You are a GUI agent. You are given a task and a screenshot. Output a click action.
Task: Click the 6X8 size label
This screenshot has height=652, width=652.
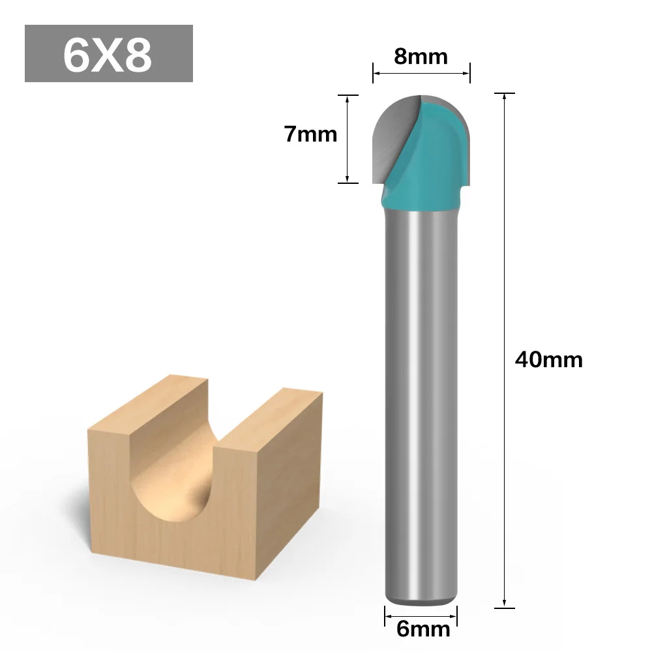pyautogui.click(x=108, y=55)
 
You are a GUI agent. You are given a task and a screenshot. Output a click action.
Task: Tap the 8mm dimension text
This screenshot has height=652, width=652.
pyautogui.click(x=421, y=57)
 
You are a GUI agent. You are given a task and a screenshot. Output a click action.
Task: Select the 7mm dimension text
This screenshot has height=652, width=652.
pyautogui.click(x=310, y=134)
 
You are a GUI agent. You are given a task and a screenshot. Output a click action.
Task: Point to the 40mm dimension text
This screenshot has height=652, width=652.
pyautogui.click(x=548, y=359)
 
